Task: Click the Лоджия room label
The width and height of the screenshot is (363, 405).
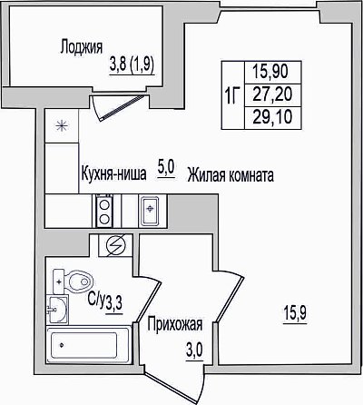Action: coord(82,47)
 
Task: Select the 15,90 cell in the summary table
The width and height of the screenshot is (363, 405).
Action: coord(270,72)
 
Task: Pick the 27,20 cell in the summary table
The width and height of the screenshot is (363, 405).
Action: coord(272,94)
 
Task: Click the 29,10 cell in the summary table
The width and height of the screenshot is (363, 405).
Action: coord(272,117)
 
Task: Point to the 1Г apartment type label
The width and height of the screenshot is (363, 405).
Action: coord(232,95)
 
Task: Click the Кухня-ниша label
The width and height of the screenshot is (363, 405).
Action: coord(113,173)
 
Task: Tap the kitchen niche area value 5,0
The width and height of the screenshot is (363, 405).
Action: coord(165,168)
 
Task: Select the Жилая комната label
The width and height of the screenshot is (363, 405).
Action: coord(231,175)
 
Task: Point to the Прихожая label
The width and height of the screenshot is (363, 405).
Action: coord(175,324)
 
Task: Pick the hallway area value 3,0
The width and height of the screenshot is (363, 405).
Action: coord(194,351)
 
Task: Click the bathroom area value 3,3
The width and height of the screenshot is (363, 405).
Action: coord(114,303)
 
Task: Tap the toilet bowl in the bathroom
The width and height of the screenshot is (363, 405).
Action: coord(73,282)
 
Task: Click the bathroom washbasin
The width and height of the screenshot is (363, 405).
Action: coord(57,310)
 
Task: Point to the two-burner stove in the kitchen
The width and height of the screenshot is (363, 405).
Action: coord(104,211)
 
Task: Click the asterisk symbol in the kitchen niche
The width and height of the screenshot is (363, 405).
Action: coord(62,125)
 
